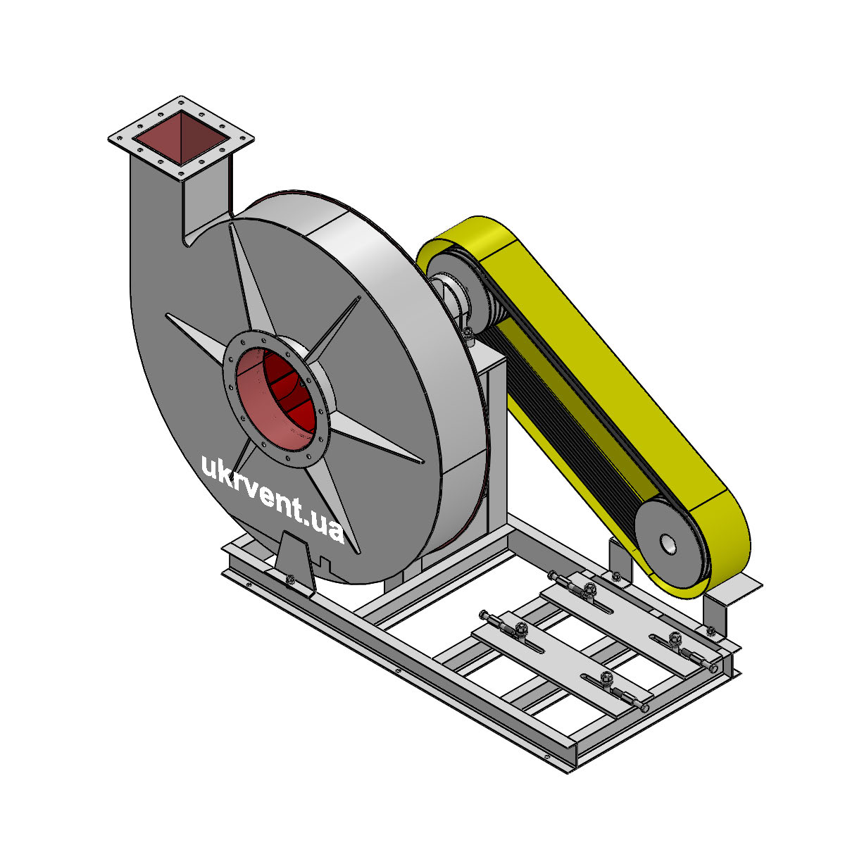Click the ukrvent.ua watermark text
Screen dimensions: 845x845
[273, 499]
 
